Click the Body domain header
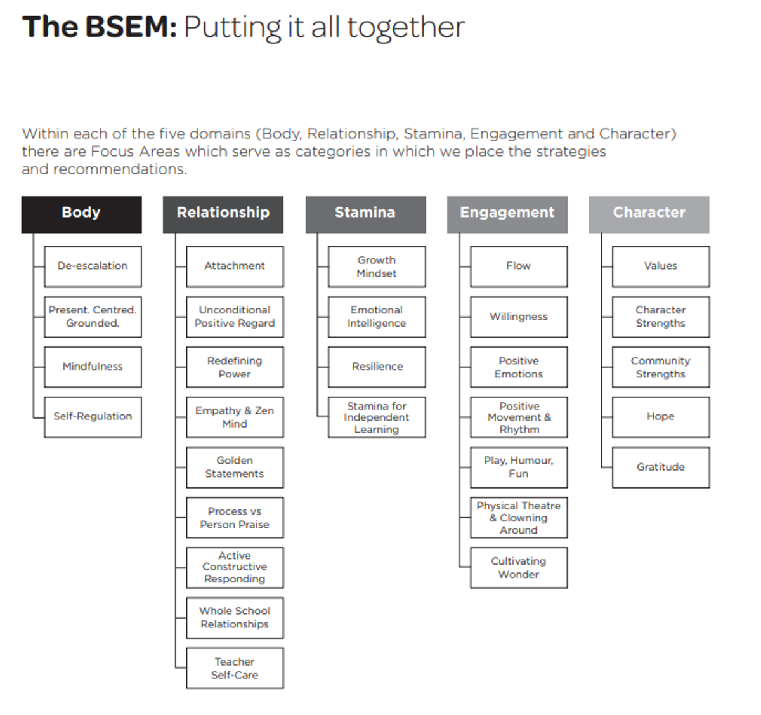81,214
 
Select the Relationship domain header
223,214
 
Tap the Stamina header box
365,214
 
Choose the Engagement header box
507,214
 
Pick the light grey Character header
649,214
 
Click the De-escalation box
93,267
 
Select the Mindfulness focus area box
93,367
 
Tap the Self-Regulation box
93,417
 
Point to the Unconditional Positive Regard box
235,317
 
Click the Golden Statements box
235,468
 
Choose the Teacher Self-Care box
235,668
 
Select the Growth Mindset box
377,267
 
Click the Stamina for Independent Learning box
377,417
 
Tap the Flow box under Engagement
519,267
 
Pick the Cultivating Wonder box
519,568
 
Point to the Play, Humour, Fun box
519,468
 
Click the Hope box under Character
661,417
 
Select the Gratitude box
661,468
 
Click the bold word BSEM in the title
131,27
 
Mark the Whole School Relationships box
235,618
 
